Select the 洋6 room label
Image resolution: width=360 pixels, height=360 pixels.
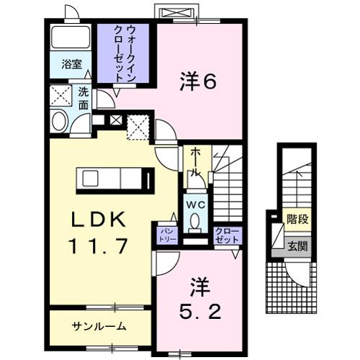click(197, 83)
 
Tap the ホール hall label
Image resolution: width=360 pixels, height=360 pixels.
click(195, 162)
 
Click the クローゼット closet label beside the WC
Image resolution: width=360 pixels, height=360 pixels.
click(227, 235)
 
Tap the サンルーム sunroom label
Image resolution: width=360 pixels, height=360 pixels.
click(99, 325)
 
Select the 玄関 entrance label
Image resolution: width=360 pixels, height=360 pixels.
click(294, 245)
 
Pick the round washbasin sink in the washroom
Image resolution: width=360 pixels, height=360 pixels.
click(58, 121)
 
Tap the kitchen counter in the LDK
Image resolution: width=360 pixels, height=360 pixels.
click(115, 179)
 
